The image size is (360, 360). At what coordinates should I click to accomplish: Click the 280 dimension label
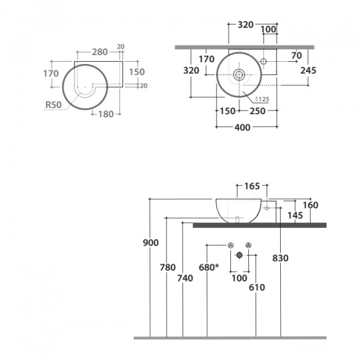(100, 52)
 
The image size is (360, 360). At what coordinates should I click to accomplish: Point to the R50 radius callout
(53, 104)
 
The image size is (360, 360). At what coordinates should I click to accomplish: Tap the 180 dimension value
(106, 114)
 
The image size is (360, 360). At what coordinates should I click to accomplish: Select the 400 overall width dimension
(242, 127)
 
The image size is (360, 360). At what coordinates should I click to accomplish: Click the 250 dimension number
(257, 111)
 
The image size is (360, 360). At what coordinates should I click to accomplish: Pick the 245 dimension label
(308, 70)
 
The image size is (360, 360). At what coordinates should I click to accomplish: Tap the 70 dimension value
(296, 55)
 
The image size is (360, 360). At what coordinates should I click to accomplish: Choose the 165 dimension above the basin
(252, 186)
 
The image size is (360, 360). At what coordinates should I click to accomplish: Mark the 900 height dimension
(151, 242)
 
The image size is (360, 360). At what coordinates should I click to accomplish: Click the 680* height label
(209, 267)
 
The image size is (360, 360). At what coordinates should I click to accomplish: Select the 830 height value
(280, 258)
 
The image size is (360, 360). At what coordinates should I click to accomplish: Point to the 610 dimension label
(257, 287)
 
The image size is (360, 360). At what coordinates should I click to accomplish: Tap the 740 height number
(185, 278)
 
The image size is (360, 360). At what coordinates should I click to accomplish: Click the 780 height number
(168, 267)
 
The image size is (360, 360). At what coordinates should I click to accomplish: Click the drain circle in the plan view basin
(239, 74)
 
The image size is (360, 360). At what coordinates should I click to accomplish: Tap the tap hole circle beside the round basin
(263, 61)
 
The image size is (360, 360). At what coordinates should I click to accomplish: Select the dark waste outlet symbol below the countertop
(239, 255)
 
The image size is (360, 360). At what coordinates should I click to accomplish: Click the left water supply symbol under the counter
(231, 245)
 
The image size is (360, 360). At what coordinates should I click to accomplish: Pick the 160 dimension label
(310, 205)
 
